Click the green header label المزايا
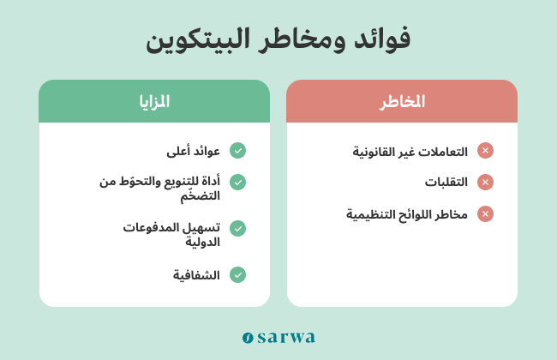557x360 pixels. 154,102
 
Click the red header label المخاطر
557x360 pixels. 402,102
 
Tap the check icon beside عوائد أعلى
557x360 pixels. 237,150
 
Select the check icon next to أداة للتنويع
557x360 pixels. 237,183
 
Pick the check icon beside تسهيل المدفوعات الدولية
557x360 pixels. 237,229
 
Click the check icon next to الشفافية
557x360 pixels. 237,274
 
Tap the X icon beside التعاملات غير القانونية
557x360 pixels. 485,150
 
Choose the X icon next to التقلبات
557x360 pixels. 485,183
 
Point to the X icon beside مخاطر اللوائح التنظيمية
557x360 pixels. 485,214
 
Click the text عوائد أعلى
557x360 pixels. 194,152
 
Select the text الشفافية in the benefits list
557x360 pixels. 196,275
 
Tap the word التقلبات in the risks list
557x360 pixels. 446,183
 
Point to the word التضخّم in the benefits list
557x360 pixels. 200,195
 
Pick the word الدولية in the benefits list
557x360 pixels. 202,242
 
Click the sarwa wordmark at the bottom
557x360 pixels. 286,338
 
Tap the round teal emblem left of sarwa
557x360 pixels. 248,338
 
